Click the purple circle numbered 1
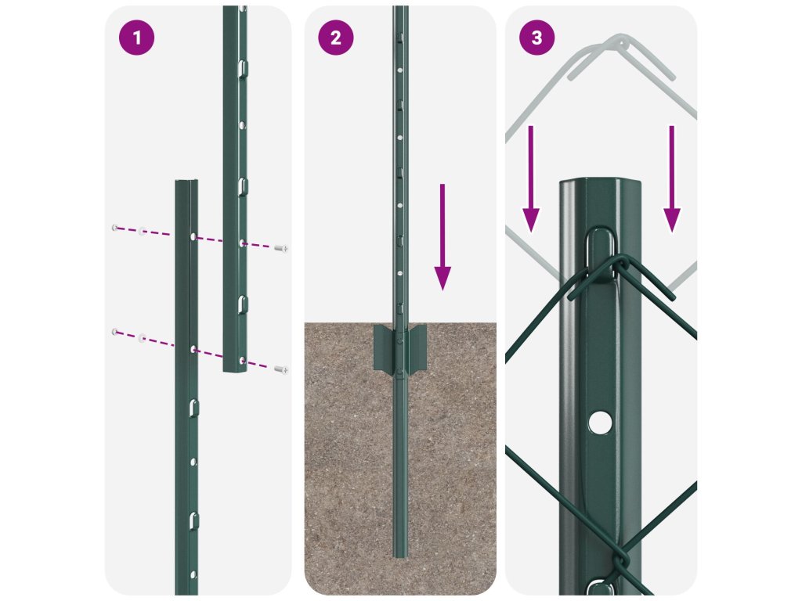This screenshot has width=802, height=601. click(x=136, y=38)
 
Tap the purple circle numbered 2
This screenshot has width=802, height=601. click(x=335, y=38)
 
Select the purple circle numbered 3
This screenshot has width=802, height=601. click(x=536, y=38)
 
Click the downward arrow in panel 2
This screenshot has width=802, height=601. click(x=443, y=237)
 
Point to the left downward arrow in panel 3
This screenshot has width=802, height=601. click(x=531, y=179)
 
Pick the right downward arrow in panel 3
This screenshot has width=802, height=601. click(x=671, y=179)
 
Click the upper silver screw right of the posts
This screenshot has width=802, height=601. click(x=281, y=248)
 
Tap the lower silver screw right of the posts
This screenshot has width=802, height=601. click(x=281, y=369)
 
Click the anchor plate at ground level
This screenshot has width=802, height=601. click(x=400, y=348)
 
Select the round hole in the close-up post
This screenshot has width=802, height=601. click(x=600, y=423)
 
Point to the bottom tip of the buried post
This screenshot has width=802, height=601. click(x=400, y=556)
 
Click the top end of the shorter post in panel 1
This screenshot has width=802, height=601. click(x=186, y=182)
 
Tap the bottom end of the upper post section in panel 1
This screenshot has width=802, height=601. click(x=234, y=369)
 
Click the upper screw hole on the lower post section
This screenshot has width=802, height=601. click(x=193, y=236)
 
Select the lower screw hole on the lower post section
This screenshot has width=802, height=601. click(x=193, y=350)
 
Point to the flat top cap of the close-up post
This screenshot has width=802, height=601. click(x=601, y=183)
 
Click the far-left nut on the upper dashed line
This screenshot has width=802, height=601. click(x=114, y=228)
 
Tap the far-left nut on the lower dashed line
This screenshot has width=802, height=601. click(x=114, y=332)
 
